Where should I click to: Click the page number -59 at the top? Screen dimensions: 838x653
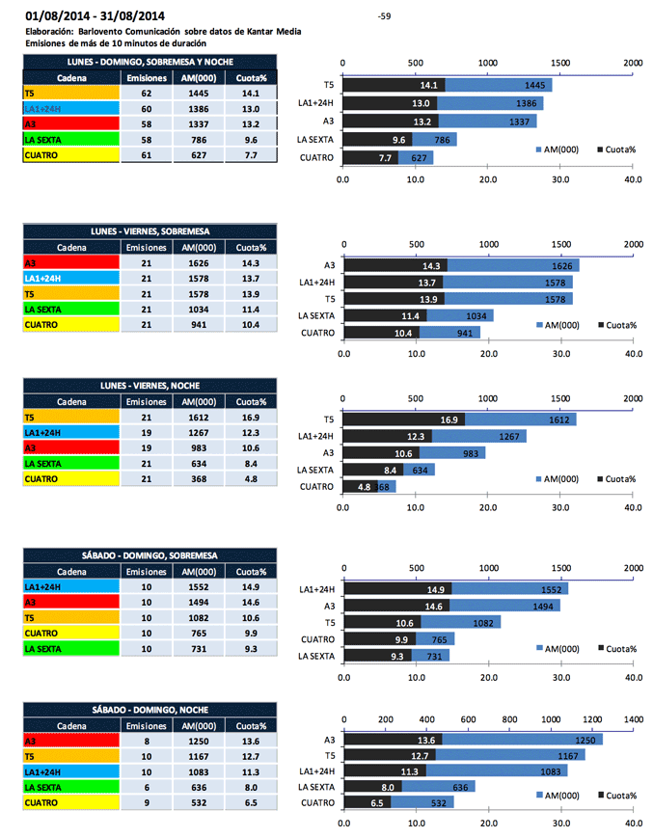385,16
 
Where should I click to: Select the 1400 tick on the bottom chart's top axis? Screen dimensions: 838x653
634,719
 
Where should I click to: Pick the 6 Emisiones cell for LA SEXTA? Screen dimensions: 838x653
147,787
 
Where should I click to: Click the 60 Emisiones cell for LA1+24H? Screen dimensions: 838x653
147,109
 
